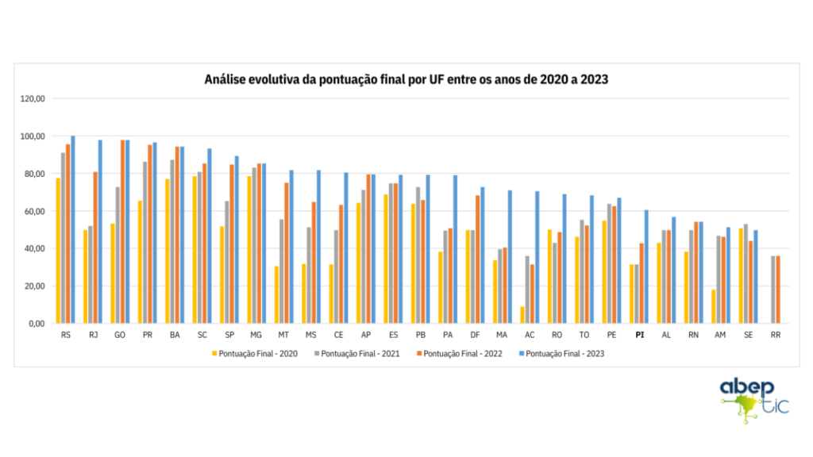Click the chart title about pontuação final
pyautogui.click(x=406, y=79)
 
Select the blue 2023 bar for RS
pyautogui.click(x=73, y=230)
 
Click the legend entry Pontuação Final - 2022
pyautogui.click(x=458, y=353)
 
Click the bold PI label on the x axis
pyautogui.click(x=639, y=336)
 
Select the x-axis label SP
pyautogui.click(x=229, y=336)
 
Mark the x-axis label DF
pyautogui.click(x=475, y=336)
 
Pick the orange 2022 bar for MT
pyautogui.click(x=287, y=253)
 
